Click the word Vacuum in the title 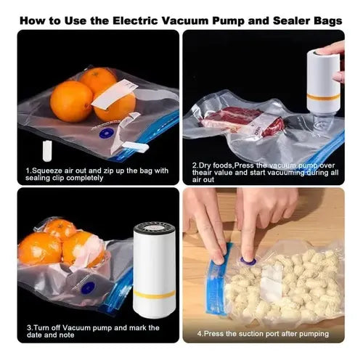tap(185, 20)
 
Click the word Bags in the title tap(328, 21)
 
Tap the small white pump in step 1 tap(47, 151)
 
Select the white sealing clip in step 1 tap(135, 147)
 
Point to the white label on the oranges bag tap(114, 93)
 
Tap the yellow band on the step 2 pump tap(323, 97)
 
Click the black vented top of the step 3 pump tap(155, 229)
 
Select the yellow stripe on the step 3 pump tap(154, 294)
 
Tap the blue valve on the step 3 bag tap(88, 288)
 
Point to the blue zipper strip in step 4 tap(218, 281)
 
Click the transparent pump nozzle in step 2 tap(323, 122)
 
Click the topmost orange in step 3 tap(60, 229)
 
